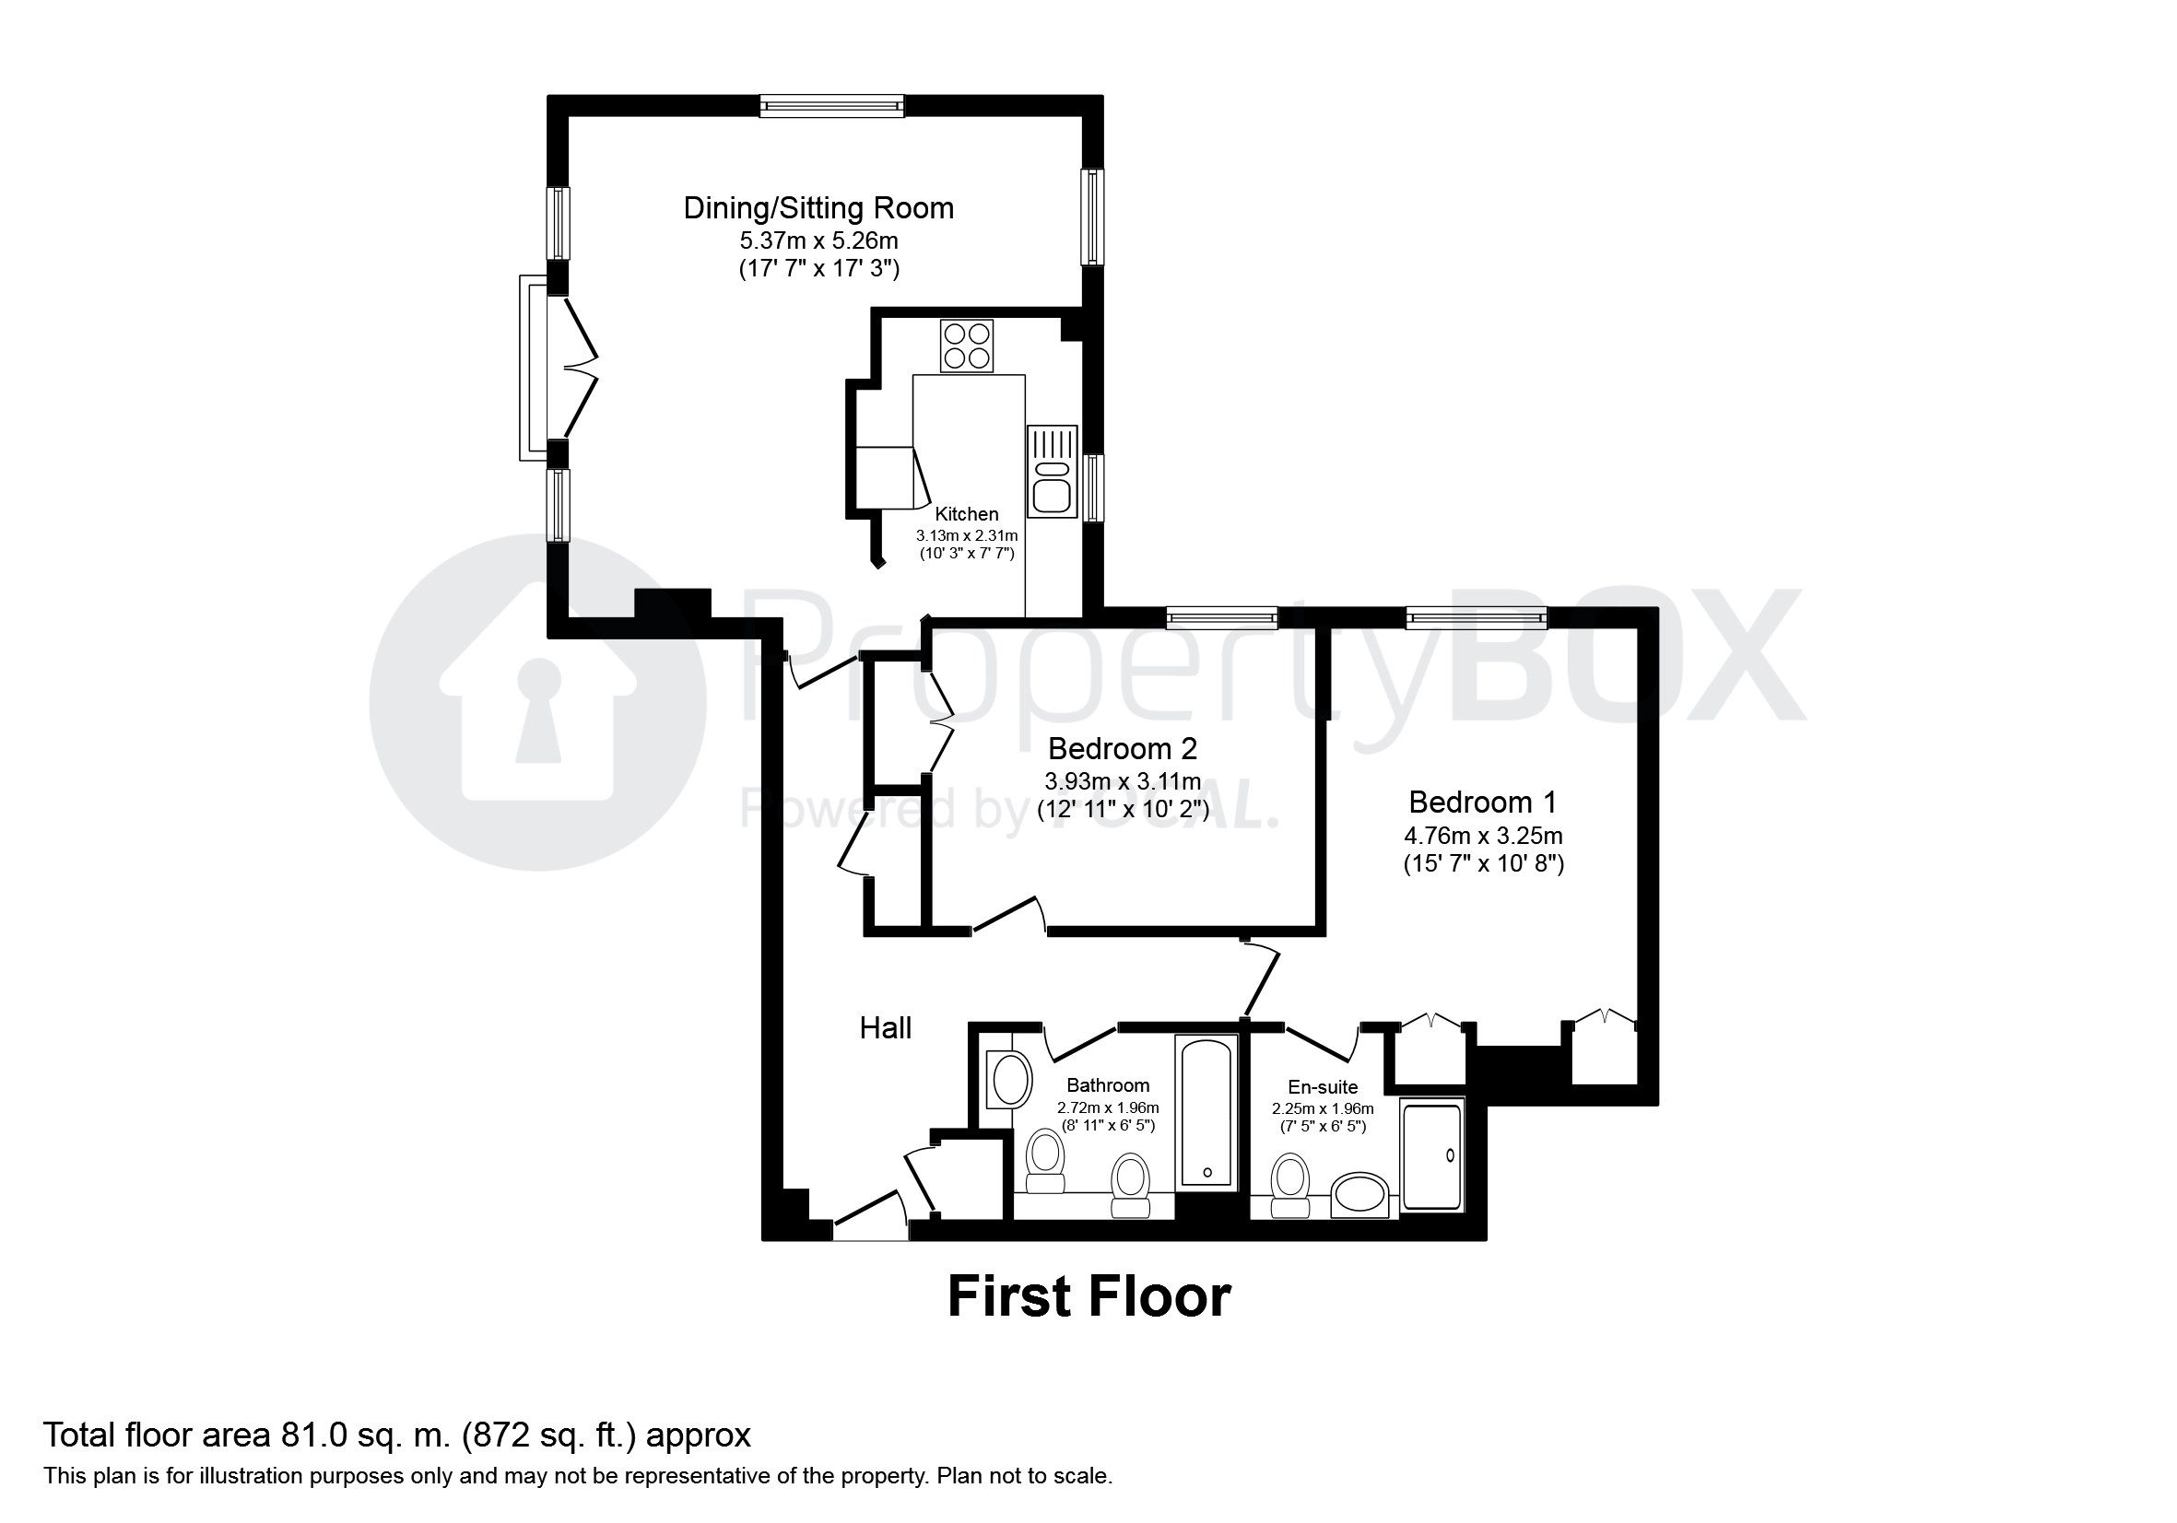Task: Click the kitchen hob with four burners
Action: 966,346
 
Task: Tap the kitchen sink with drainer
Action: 1052,471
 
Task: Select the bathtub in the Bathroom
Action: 1206,1113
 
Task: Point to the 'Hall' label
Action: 885,1028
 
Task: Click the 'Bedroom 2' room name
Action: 1122,749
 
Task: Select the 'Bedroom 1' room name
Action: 1482,802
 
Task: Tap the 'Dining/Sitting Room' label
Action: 818,207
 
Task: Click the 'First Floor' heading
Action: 1088,1296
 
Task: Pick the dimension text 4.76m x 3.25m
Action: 1482,836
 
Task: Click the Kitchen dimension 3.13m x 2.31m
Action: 966,535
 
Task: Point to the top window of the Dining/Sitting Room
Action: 831,106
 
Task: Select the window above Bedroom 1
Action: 1476,619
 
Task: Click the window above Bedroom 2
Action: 1221,619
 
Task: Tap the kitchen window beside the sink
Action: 1093,488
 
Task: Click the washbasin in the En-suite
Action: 1359,1194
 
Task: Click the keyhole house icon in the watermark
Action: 537,702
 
